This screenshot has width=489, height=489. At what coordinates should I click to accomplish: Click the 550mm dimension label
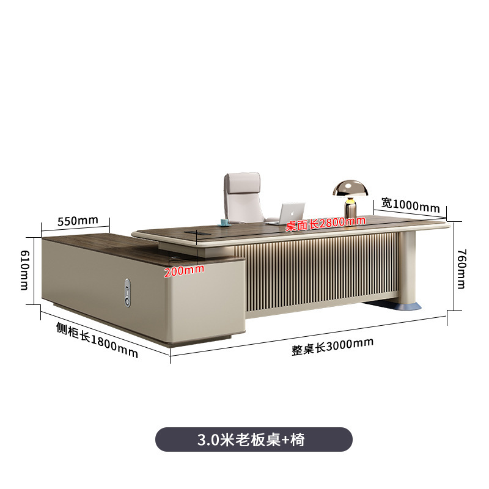78,221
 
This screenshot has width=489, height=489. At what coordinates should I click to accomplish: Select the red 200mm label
183,271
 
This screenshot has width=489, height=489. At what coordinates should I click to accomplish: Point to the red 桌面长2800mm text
325,224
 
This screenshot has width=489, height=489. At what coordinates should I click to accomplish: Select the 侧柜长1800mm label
97,340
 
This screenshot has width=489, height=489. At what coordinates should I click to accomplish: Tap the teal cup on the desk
225,220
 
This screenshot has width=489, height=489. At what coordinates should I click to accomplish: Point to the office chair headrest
243,182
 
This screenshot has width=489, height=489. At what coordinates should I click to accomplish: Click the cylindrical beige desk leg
405,266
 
